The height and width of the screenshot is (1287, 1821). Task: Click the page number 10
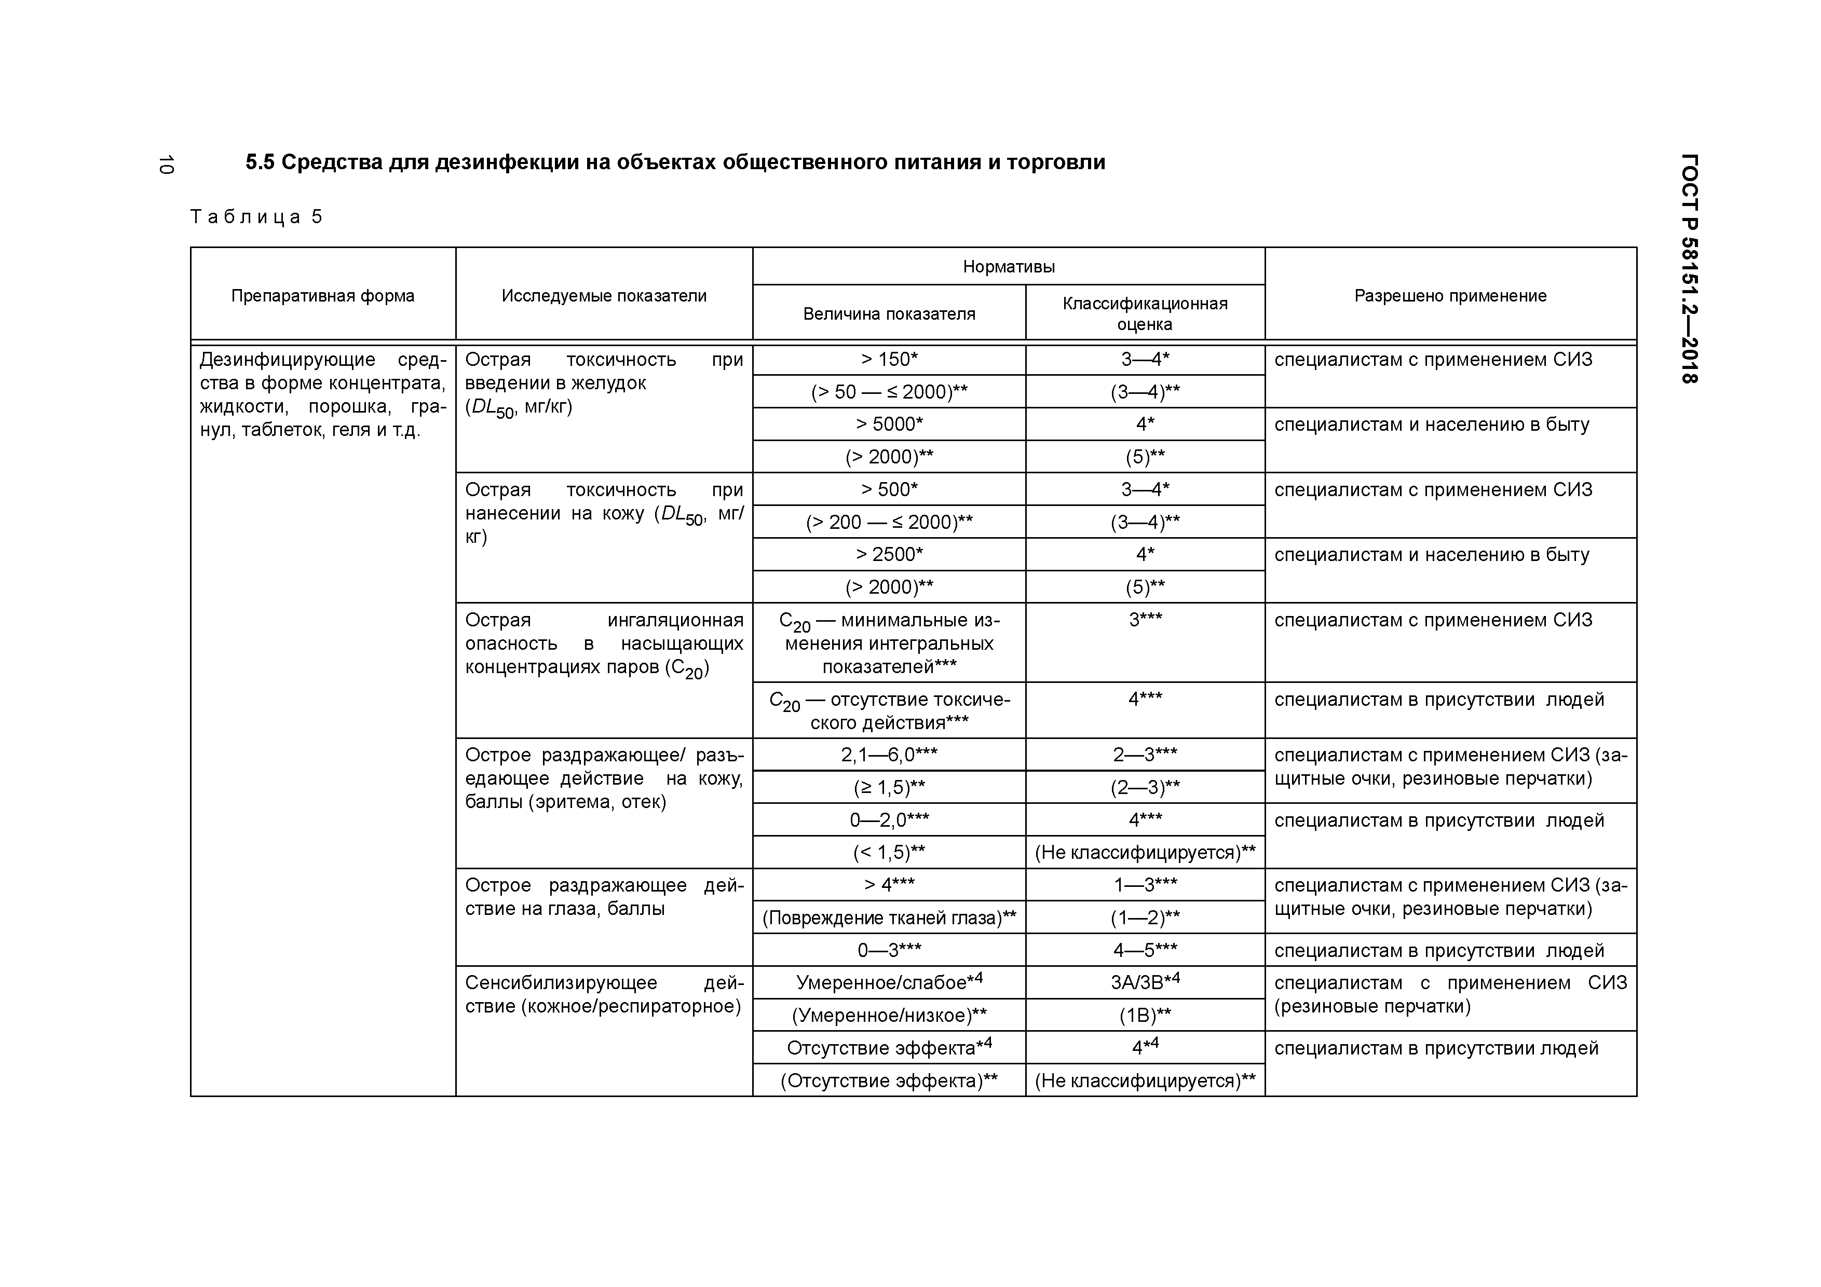[x=165, y=165]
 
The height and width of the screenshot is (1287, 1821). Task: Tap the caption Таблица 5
[x=256, y=217]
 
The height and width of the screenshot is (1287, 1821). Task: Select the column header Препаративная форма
[x=323, y=296]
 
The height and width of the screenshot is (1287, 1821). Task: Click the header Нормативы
[x=1008, y=266]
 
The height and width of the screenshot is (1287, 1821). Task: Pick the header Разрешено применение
[x=1450, y=296]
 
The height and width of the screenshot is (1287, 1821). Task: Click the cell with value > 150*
[x=889, y=360]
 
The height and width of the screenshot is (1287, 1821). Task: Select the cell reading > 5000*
[x=889, y=424]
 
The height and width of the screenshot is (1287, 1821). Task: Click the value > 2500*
[x=889, y=554]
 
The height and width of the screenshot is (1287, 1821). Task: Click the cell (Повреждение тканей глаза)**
[x=889, y=918]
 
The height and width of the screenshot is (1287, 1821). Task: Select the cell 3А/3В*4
[x=1145, y=982]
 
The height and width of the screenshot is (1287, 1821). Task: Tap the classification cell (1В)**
[x=1145, y=1016]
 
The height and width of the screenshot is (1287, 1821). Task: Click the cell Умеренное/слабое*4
[x=889, y=982]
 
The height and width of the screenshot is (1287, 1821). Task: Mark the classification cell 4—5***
[x=1145, y=950]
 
